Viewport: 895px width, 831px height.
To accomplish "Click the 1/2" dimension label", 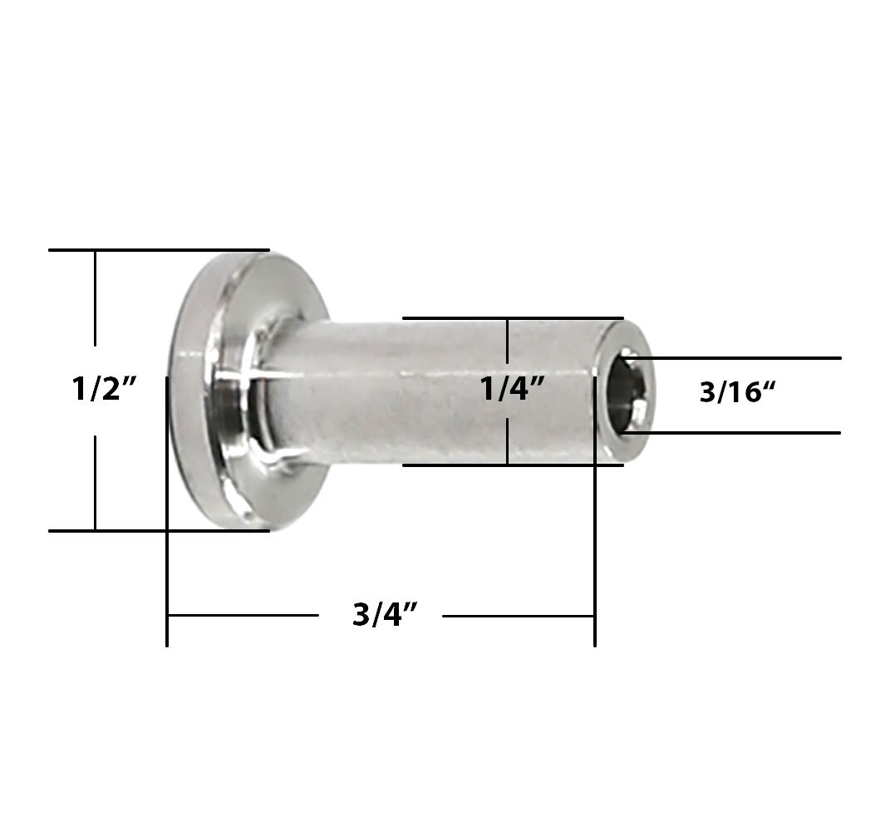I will click(x=104, y=389).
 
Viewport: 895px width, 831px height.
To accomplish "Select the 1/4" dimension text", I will click(x=512, y=389).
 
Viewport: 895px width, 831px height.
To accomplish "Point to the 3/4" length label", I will click(x=384, y=616).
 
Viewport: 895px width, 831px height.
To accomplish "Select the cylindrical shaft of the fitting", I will click(x=432, y=391).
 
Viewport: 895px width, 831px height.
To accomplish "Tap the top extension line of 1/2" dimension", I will click(x=158, y=249).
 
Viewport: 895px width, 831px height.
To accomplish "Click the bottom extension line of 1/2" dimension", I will click(x=158, y=530).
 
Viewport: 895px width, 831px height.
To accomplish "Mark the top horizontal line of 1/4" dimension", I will click(x=512, y=317).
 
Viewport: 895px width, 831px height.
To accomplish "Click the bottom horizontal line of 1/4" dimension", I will click(x=512, y=465).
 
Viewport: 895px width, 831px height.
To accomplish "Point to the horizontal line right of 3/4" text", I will click(x=518, y=616).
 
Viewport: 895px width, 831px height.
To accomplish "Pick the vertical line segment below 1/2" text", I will click(x=96, y=482).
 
